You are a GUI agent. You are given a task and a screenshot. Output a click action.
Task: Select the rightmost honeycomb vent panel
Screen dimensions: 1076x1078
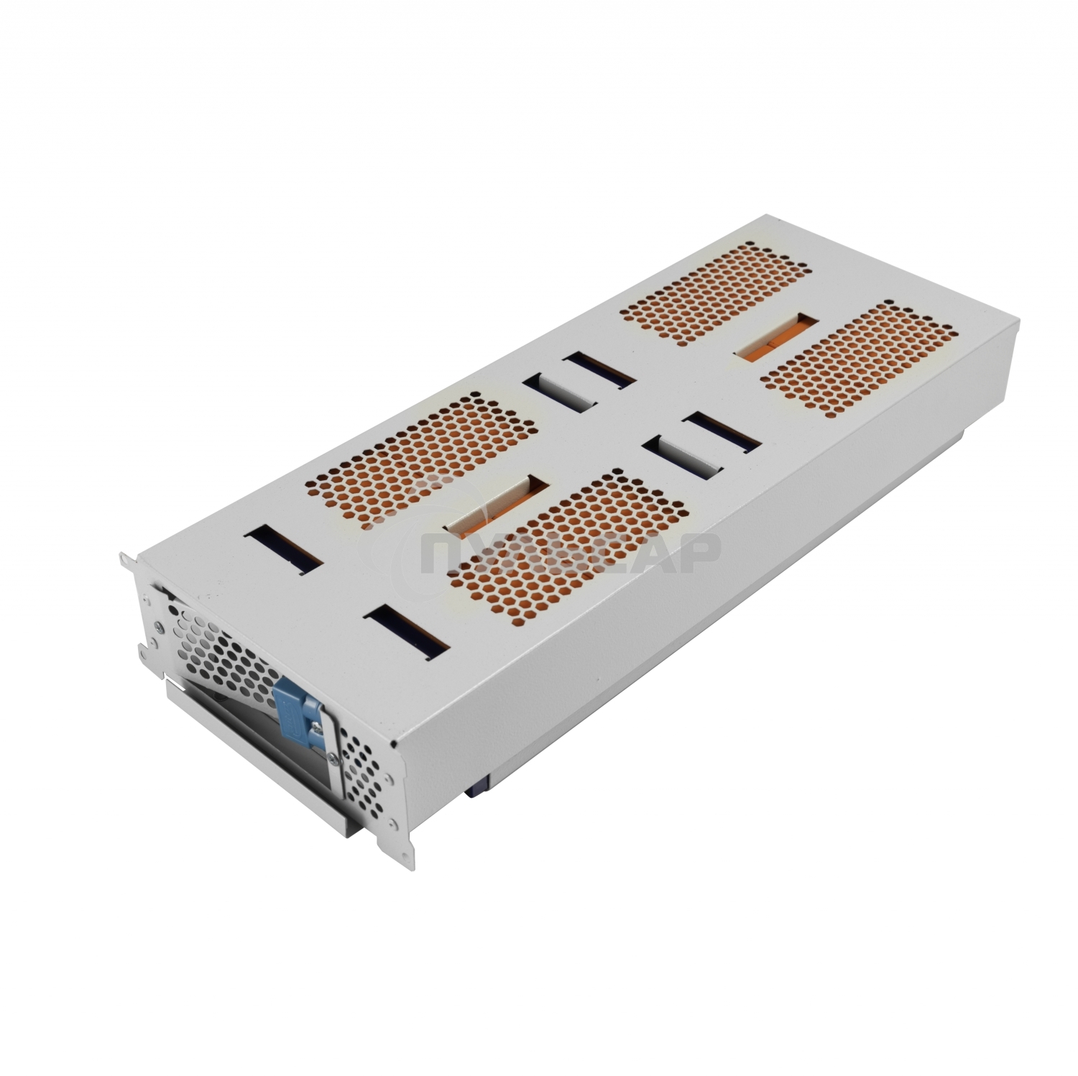[859, 359]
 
